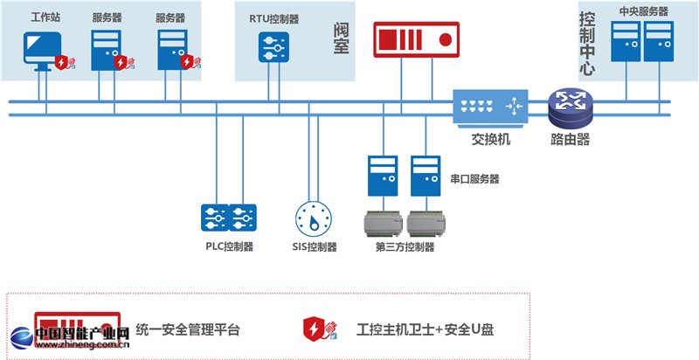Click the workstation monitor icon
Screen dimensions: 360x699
coord(42,48)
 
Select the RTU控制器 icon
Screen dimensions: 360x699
coord(273,45)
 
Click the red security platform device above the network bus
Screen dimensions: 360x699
coord(416,40)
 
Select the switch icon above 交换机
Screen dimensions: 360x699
coord(489,107)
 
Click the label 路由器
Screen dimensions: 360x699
coord(571,139)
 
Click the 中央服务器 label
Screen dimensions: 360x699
coord(642,11)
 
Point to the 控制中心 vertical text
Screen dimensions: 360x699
coord(587,44)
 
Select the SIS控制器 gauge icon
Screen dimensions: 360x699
coord(313,216)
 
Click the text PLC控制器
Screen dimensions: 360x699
coord(229,246)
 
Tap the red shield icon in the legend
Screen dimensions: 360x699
coord(315,329)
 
